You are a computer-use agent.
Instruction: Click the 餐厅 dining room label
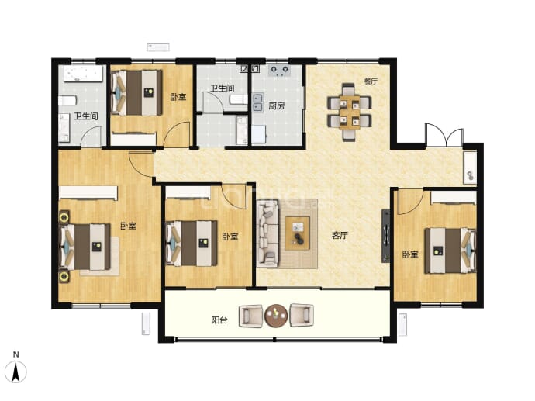tap(371, 81)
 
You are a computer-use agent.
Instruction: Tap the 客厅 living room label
tap(340, 236)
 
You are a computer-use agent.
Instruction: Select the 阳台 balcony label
tap(219, 320)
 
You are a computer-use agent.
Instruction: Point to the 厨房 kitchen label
tap(276, 105)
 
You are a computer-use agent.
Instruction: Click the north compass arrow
tap(16, 372)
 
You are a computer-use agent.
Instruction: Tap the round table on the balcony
tap(276, 316)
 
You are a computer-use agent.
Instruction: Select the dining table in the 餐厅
tap(350, 112)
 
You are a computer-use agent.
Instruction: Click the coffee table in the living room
tap(297, 233)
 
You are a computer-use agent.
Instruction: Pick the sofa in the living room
tap(267, 233)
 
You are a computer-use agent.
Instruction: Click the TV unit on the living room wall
tap(385, 236)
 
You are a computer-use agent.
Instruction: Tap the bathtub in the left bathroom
tap(83, 74)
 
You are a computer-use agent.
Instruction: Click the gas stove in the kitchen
tap(279, 70)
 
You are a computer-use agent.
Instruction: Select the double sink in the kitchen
tap(257, 102)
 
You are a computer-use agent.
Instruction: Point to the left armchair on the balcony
tap(250, 316)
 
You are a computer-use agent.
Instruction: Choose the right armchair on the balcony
tap(302, 316)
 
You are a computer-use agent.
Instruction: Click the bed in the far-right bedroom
tap(450, 251)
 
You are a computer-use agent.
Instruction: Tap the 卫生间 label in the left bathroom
tap(86, 116)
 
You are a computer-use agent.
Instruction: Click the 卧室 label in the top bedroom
tap(178, 97)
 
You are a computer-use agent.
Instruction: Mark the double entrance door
tap(444, 136)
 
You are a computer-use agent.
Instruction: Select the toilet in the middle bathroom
tap(238, 99)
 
